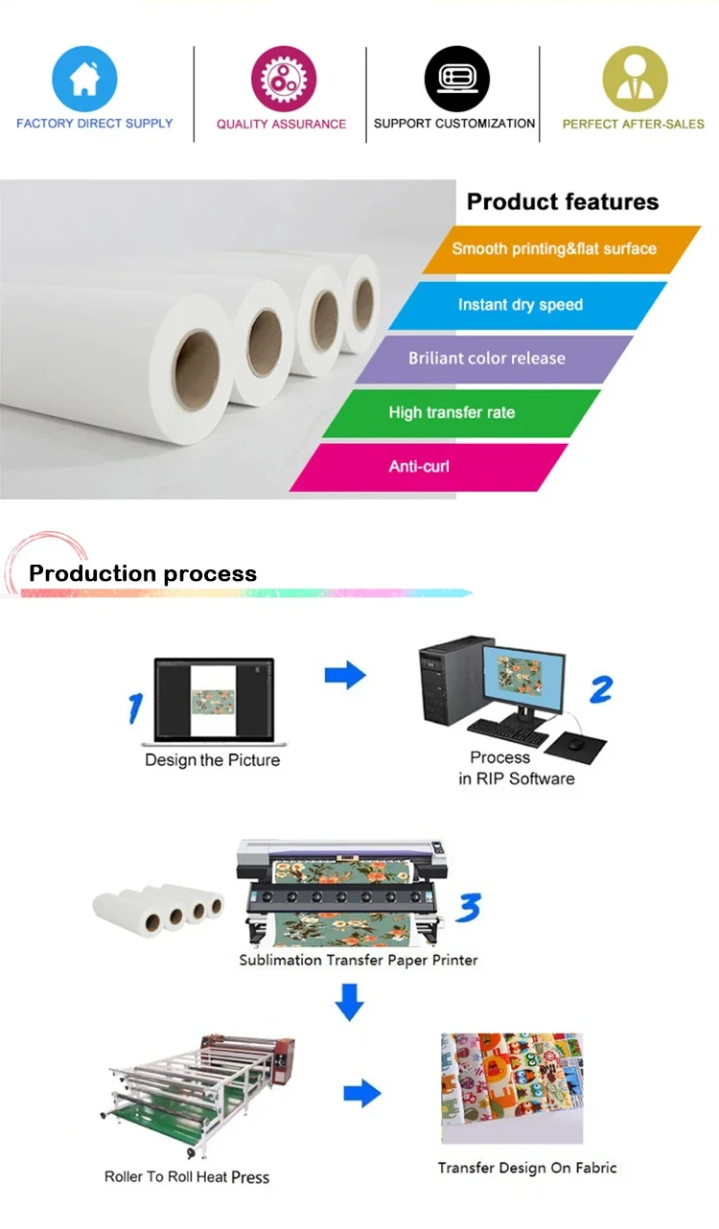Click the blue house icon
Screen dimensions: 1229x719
(84, 79)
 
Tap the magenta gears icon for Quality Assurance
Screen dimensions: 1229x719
(283, 79)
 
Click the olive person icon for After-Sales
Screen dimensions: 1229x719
(634, 79)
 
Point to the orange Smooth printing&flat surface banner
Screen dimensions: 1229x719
(561, 249)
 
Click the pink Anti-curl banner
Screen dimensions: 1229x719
(427, 467)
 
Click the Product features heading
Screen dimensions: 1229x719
(563, 201)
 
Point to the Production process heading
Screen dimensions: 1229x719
(143, 574)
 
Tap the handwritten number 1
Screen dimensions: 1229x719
(136, 707)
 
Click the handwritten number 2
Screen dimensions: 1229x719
(600, 689)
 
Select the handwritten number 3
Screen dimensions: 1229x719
(468, 906)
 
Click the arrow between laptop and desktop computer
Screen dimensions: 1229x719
(345, 675)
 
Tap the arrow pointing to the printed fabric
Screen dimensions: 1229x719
(361, 1093)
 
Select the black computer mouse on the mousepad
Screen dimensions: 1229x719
(576, 743)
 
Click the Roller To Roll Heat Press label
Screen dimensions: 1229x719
(187, 1177)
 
